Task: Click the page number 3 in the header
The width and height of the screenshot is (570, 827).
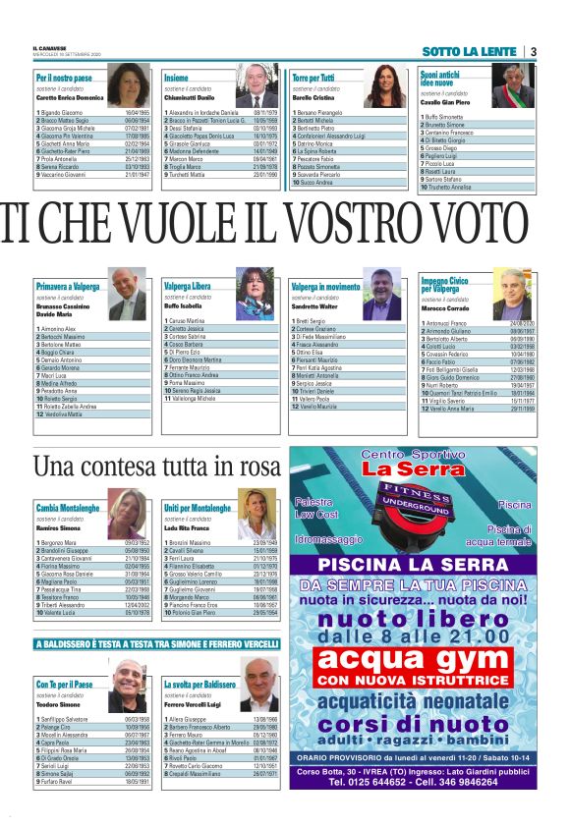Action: coord(533,51)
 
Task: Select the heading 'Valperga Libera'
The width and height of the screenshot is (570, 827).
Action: coord(188,286)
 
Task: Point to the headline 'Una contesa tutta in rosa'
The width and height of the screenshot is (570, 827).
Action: coord(157,465)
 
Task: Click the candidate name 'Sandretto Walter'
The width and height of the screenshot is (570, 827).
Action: coord(317,306)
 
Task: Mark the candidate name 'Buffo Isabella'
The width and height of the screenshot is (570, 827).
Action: coord(183,306)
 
